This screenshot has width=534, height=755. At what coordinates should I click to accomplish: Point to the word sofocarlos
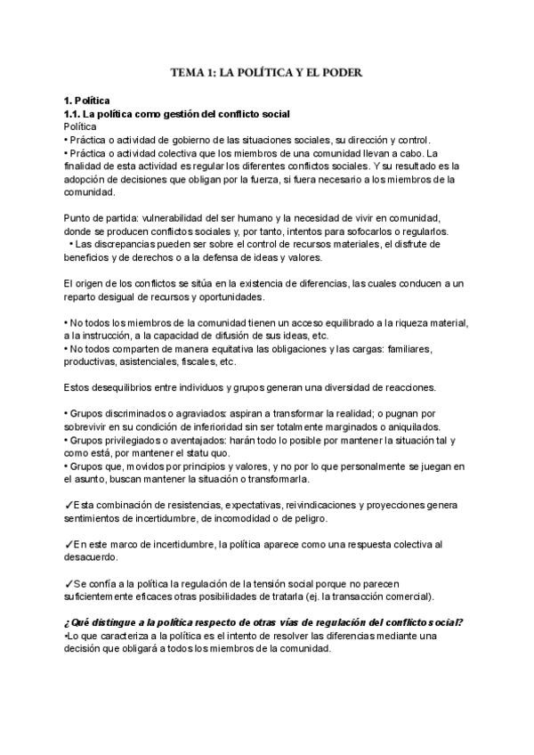coord(344,231)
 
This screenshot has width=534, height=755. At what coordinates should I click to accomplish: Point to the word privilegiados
coord(130,440)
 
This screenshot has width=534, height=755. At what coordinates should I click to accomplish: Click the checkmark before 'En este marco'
coord(69,543)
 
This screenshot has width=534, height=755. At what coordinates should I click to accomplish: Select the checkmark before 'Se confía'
coord(69,582)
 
